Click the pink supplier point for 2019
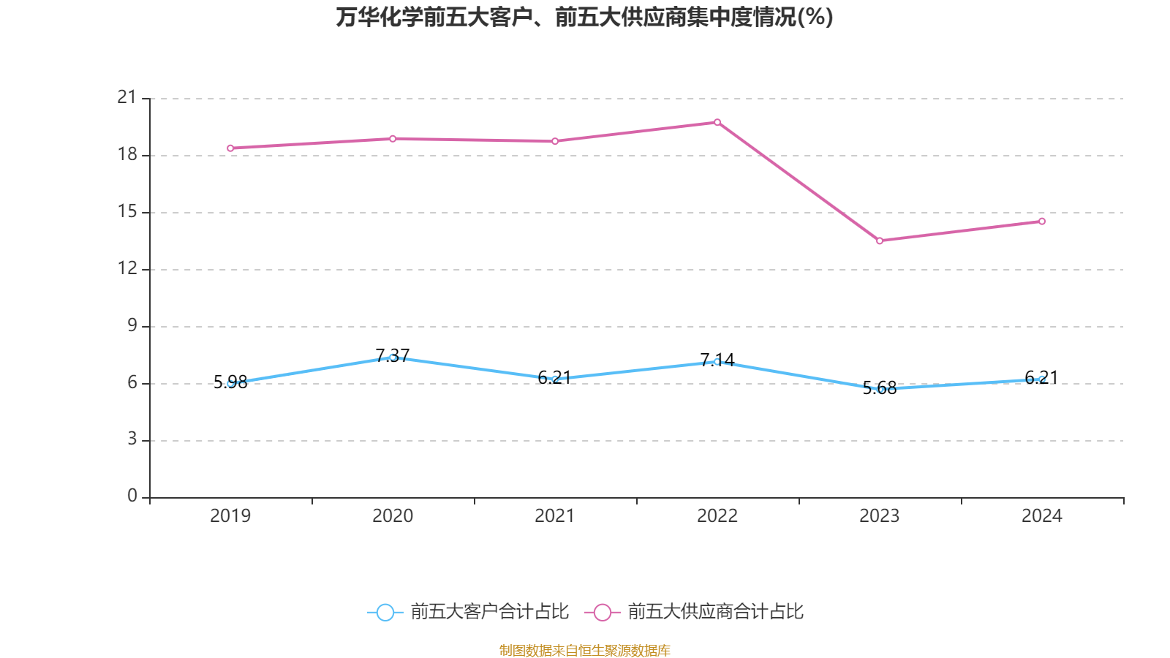(230, 148)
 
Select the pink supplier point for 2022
(717, 122)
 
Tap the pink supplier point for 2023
(880, 241)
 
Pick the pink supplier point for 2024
(1042, 222)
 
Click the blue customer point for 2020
(393, 358)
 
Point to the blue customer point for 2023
(880, 390)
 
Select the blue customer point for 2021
(555, 379)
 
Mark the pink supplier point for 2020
(393, 139)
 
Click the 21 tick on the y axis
(127, 97)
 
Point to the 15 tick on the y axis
(127, 211)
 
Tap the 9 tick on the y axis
(132, 325)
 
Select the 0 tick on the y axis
(132, 496)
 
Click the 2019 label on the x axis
(230, 516)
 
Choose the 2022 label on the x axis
(717, 516)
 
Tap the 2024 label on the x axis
(1042, 516)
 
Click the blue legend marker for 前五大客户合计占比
(385, 612)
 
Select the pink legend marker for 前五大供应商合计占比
(602, 612)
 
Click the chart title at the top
(584, 17)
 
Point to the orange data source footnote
(584, 650)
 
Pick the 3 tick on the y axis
(132, 439)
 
